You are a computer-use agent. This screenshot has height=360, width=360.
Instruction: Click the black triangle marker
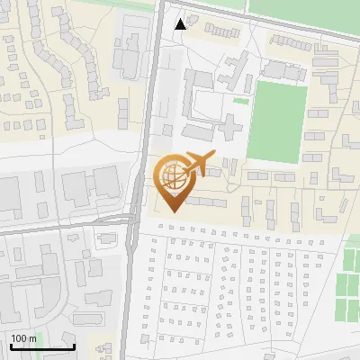click(181, 23)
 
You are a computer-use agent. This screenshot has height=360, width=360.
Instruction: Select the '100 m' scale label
click(23, 338)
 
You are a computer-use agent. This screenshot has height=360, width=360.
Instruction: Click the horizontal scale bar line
click(42, 346)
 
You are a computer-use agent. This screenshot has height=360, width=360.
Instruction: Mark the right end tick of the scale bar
click(75, 345)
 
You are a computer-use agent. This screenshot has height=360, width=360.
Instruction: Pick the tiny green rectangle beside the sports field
click(240, 101)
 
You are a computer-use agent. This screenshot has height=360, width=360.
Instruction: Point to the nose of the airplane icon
click(215, 158)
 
